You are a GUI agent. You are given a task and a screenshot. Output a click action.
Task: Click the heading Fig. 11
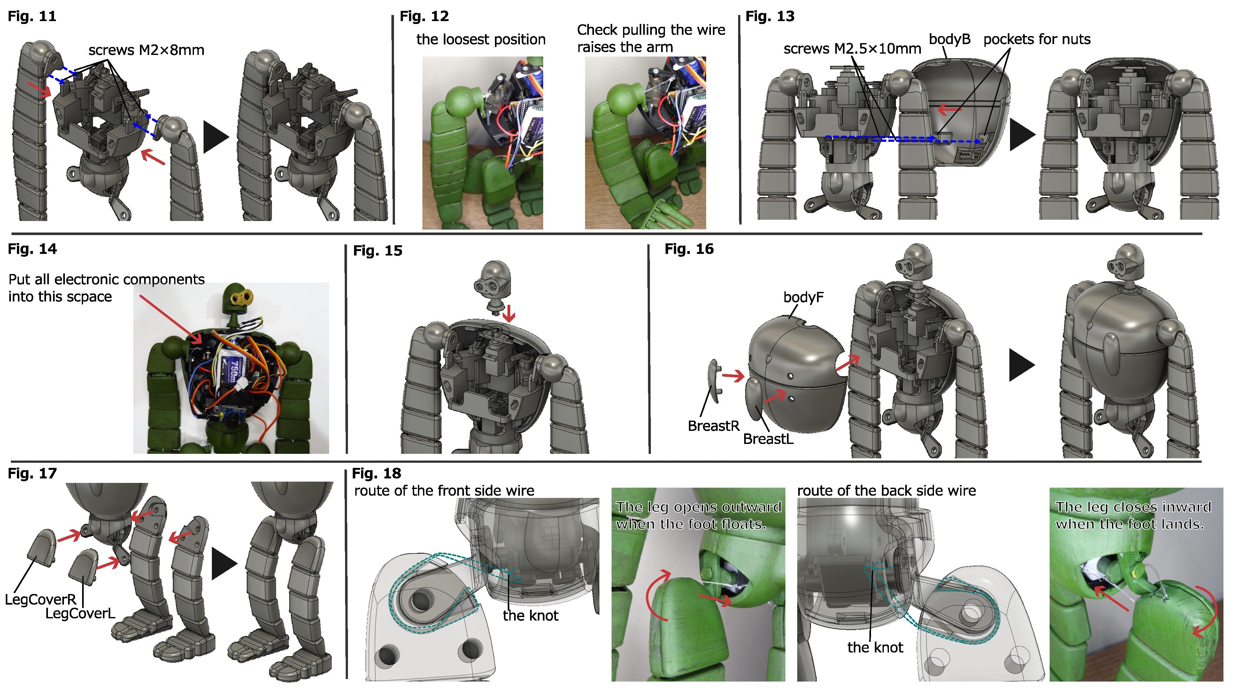tap(32, 16)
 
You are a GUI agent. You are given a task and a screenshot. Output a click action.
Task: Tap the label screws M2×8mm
tap(146, 50)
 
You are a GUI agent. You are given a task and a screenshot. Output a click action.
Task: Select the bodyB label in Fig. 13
tap(949, 39)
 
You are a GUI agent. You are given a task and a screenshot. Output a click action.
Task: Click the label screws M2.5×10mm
tap(852, 49)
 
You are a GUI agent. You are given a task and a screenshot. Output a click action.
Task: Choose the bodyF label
tap(803, 297)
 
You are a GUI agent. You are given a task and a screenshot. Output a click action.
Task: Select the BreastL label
tap(768, 439)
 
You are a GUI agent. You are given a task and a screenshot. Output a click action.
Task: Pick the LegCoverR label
tap(41, 600)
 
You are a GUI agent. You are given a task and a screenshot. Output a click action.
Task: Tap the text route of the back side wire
tap(886, 491)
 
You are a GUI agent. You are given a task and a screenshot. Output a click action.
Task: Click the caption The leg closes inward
tap(1133, 507)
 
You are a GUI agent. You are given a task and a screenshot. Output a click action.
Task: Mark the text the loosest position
tap(481, 39)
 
